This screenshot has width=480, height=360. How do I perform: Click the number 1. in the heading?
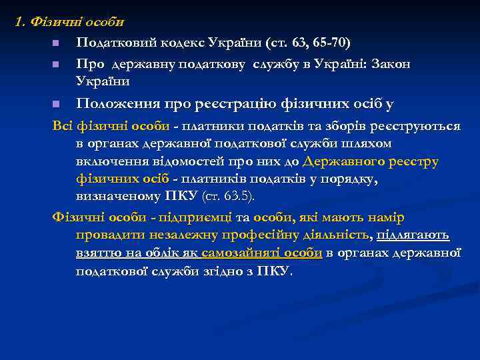coord(20,21)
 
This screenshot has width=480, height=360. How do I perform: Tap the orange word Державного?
coord(343,161)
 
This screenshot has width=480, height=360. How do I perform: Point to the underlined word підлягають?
coord(413,235)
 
